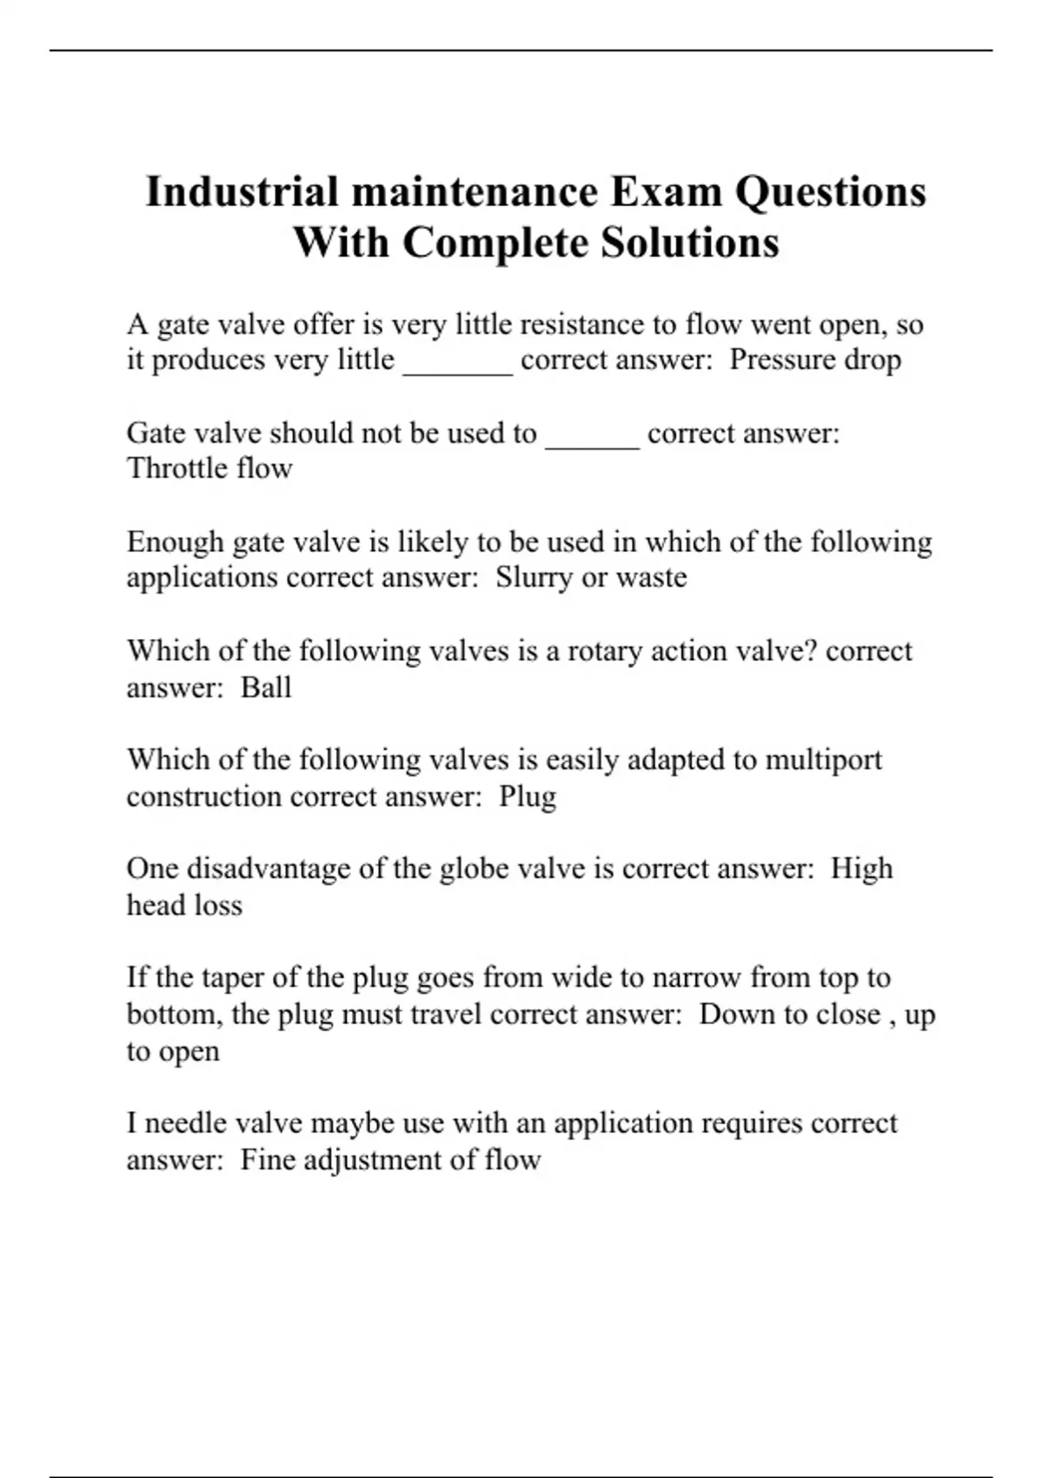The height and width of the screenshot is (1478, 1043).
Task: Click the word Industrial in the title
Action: point(241,192)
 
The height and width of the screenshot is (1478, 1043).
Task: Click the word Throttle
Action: point(175,468)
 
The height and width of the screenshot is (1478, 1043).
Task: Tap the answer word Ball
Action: point(265,687)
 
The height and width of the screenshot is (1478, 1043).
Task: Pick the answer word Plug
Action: point(527,796)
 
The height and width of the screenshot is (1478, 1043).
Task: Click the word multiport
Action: point(823,760)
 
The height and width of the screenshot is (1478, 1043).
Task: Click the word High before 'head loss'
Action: point(861,869)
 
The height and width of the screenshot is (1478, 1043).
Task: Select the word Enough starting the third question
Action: point(175,543)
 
